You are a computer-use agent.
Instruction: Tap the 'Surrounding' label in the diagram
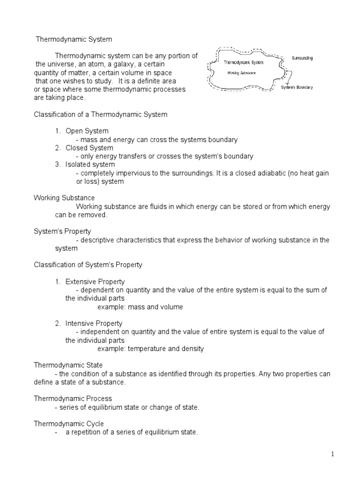[x=302, y=58]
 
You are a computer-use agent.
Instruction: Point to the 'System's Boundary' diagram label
[x=297, y=87]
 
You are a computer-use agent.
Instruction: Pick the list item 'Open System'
[x=87, y=131]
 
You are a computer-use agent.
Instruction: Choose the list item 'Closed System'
[x=89, y=148]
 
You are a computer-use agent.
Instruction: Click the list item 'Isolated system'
[x=90, y=165]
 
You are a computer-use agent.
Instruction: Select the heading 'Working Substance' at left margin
[x=64, y=198]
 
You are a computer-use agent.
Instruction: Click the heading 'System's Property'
[x=62, y=231]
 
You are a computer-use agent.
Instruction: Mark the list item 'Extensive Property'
[x=95, y=282]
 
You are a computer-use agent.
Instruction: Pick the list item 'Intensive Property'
[x=94, y=323]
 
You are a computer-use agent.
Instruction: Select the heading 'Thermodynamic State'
[x=68, y=365]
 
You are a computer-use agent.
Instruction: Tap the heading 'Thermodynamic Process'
[x=73, y=398]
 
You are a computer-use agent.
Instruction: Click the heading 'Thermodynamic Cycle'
[x=69, y=424]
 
